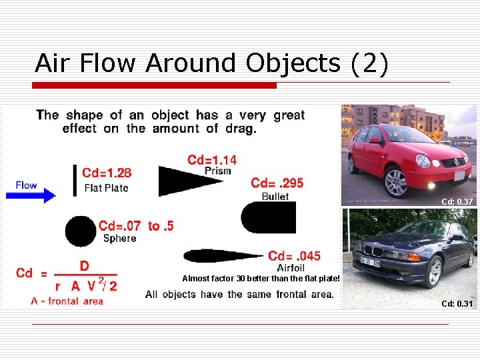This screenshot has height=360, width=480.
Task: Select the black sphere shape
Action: [x=80, y=232]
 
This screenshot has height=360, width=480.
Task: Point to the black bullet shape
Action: [x=267, y=217]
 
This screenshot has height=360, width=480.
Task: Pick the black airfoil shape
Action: [x=220, y=256]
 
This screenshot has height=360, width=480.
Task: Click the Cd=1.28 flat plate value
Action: [x=107, y=173]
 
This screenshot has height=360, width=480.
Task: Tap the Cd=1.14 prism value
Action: [x=212, y=159]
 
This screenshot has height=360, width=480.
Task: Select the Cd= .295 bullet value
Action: [x=277, y=183]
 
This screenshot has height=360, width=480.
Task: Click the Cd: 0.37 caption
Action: [x=457, y=201]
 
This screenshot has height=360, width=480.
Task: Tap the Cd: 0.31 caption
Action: [x=457, y=304]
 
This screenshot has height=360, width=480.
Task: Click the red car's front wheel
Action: [x=395, y=183]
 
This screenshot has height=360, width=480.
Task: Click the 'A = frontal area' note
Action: [x=67, y=301]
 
